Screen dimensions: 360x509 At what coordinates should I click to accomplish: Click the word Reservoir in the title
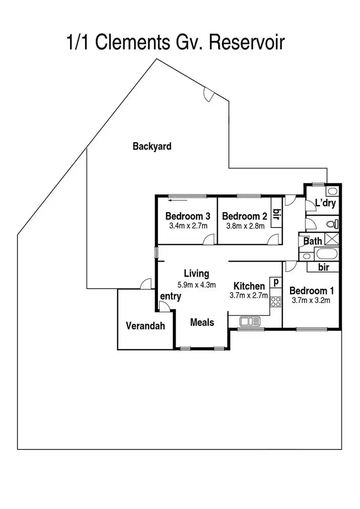click(x=247, y=42)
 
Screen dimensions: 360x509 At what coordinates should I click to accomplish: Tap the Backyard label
click(x=152, y=146)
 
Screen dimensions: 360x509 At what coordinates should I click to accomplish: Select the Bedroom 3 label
click(x=188, y=216)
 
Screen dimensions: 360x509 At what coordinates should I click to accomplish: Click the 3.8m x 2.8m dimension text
click(x=245, y=226)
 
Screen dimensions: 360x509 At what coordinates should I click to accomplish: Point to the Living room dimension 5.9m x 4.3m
click(x=197, y=285)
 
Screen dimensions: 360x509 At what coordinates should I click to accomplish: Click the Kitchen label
click(x=249, y=286)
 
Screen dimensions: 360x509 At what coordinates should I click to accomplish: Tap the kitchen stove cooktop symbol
click(x=276, y=302)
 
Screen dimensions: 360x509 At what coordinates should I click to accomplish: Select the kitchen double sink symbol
click(x=250, y=321)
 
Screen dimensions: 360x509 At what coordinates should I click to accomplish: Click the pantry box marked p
click(x=276, y=282)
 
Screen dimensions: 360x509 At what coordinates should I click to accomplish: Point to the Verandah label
click(x=145, y=326)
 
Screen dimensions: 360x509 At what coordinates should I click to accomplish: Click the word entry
click(x=170, y=296)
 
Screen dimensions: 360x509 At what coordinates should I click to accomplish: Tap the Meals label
click(x=202, y=322)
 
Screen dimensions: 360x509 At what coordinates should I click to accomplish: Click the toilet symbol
click(x=333, y=224)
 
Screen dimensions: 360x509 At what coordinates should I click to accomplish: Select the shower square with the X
click(x=332, y=239)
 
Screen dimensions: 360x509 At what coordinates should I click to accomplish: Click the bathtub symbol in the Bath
click(x=326, y=254)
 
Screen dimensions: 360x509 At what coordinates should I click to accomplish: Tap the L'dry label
click(x=325, y=203)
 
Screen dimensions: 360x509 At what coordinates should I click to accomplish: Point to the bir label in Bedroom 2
click(x=276, y=214)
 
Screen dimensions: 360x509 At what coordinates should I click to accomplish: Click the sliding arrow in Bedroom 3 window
click(x=178, y=200)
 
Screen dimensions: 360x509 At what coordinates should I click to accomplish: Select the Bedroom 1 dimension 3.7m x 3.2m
click(x=311, y=300)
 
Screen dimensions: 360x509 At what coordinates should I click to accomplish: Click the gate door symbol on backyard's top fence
click(x=208, y=95)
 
